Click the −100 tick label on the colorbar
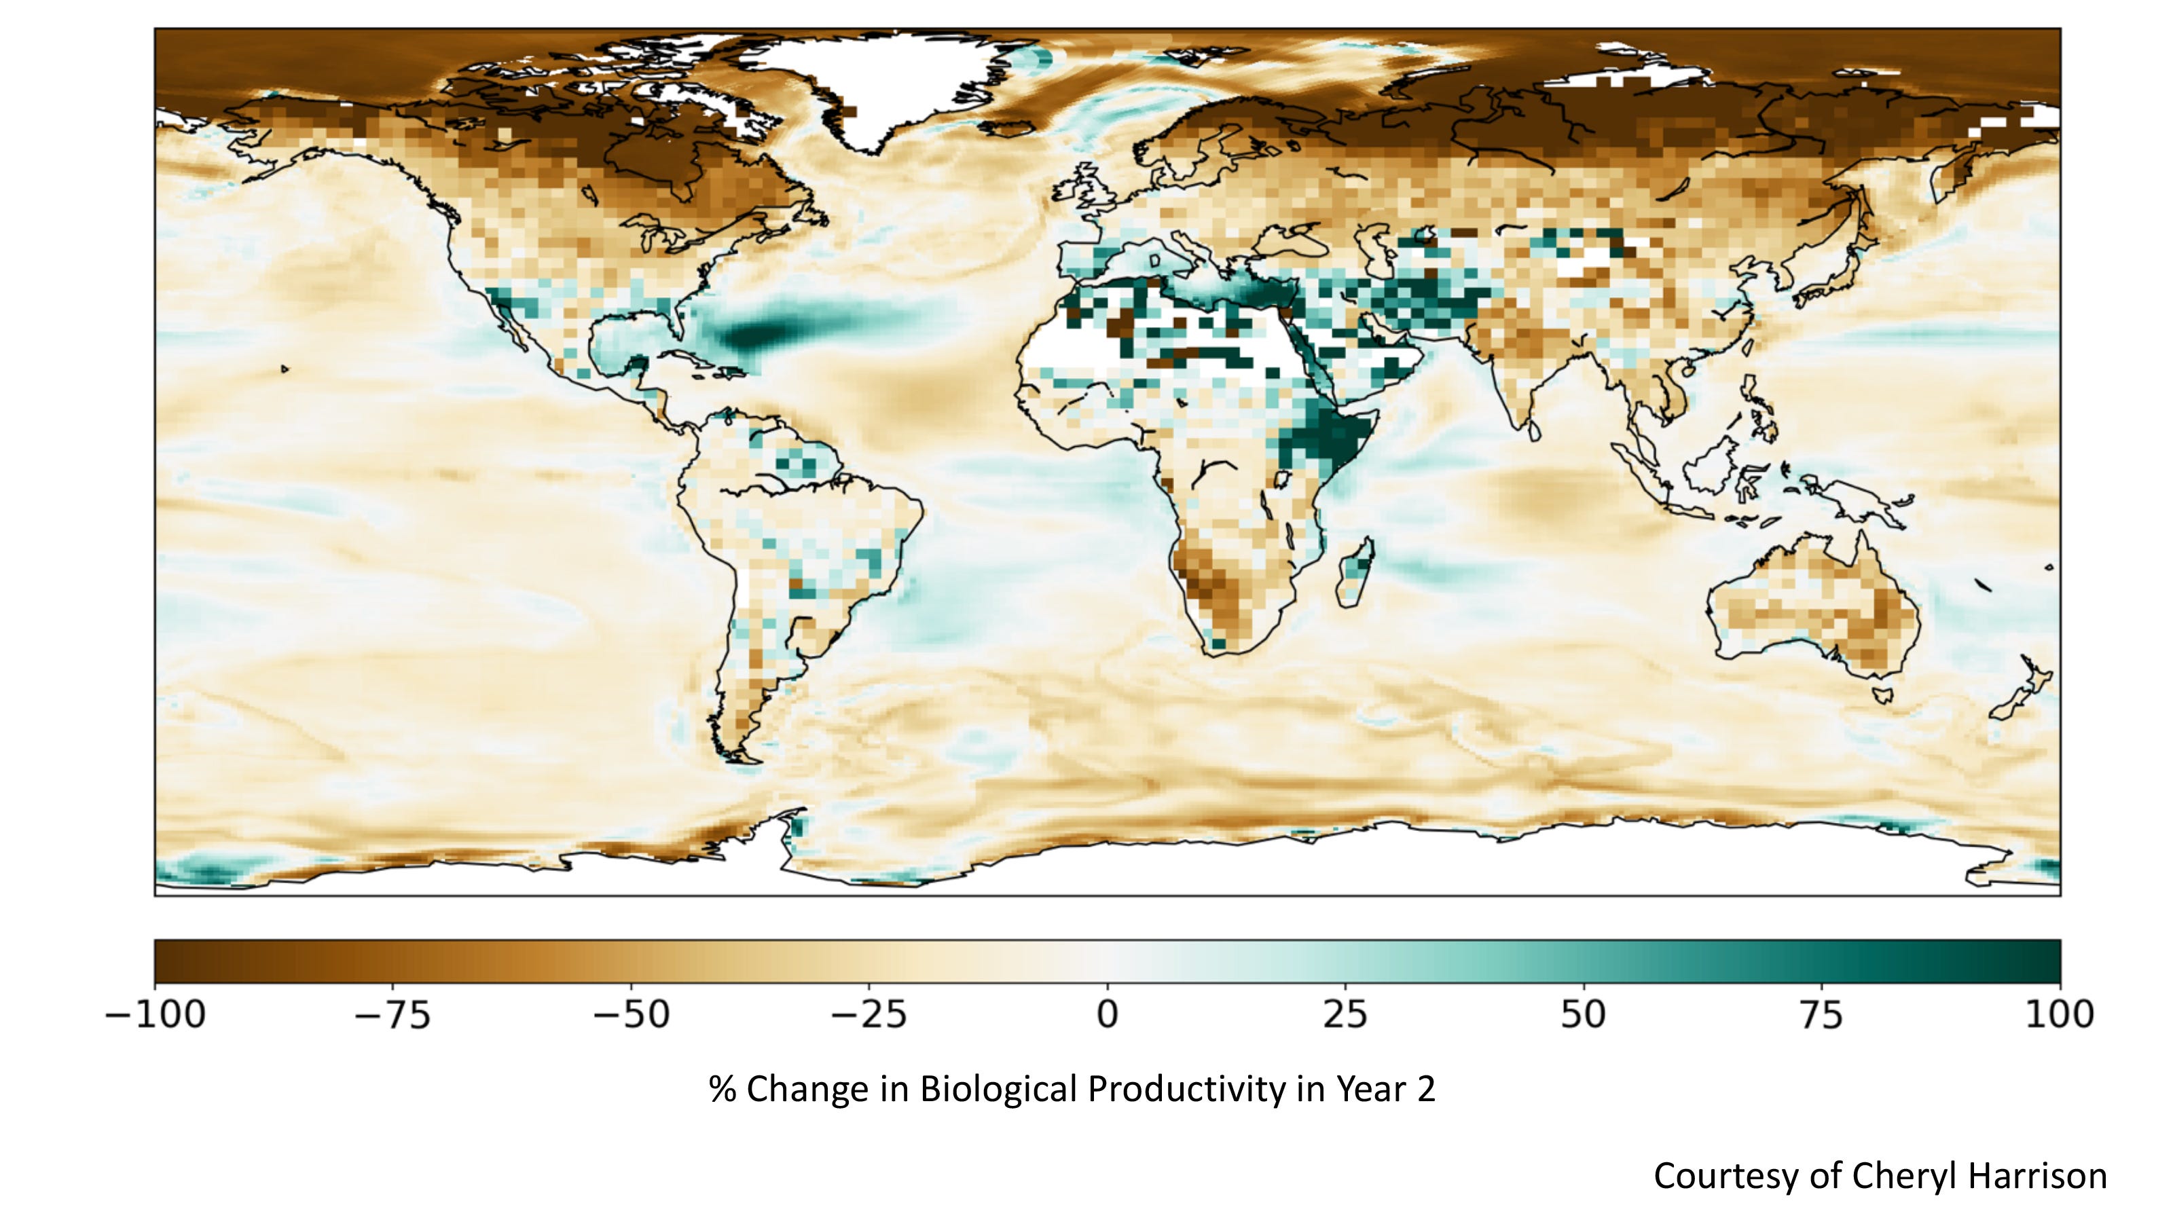(x=156, y=1014)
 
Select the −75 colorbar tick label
(x=392, y=1014)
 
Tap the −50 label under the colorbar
(x=631, y=1014)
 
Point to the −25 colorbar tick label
(x=869, y=1014)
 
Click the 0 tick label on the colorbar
(x=1107, y=1014)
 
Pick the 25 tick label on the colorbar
(x=1345, y=1014)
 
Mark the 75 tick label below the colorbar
(x=1821, y=1014)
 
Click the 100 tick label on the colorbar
(x=2059, y=1014)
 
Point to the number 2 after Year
(x=1425, y=1090)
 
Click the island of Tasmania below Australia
(x=1882, y=696)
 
